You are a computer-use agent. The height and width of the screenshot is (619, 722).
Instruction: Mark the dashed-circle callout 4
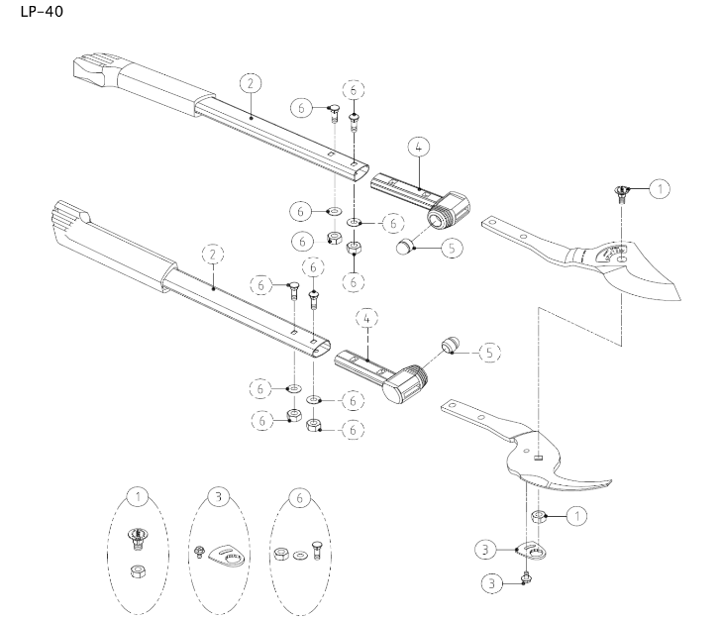(x=367, y=321)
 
